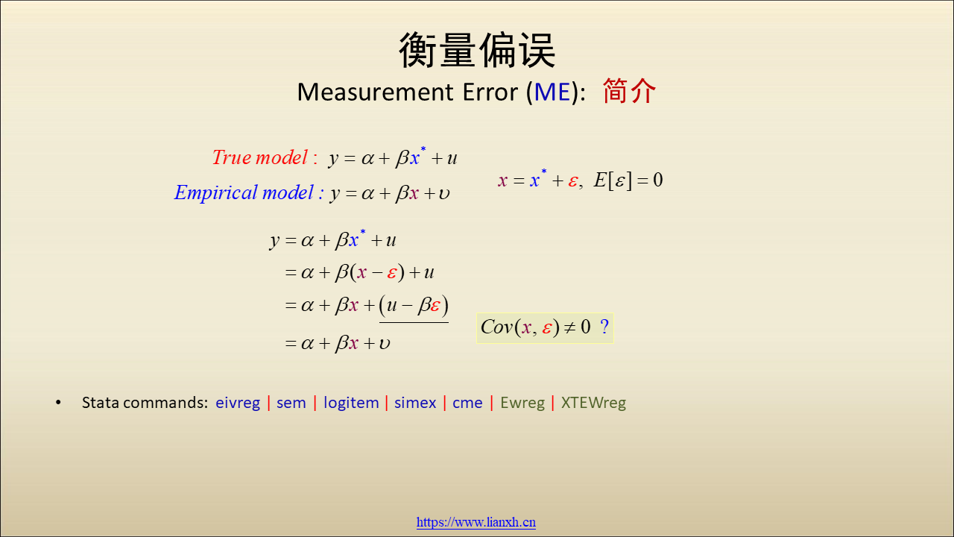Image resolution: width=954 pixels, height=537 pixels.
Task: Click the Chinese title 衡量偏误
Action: [477, 50]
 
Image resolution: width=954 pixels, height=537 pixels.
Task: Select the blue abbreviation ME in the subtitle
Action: [552, 92]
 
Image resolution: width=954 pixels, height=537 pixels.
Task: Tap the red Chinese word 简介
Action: [629, 91]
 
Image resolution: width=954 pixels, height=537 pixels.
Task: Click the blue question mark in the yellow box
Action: [604, 327]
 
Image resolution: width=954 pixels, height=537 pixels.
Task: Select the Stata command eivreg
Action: [238, 403]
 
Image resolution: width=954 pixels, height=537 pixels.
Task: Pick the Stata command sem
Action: [291, 403]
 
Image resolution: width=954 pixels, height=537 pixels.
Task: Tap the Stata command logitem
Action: [351, 403]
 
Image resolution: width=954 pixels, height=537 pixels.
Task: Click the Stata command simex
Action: [415, 403]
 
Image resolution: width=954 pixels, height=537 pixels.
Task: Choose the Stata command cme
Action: [467, 403]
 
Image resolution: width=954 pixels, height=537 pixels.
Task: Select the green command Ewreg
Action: [522, 403]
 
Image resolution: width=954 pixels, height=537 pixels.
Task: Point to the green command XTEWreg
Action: [593, 403]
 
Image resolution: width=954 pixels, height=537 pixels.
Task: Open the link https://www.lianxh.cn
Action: [476, 522]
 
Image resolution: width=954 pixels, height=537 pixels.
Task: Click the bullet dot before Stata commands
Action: [58, 402]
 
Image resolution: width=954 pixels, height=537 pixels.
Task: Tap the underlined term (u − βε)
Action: [414, 306]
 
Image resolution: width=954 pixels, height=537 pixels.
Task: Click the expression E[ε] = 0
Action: [628, 180]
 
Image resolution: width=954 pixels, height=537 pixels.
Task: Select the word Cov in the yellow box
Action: [496, 327]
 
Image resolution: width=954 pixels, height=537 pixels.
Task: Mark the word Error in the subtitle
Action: [490, 92]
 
